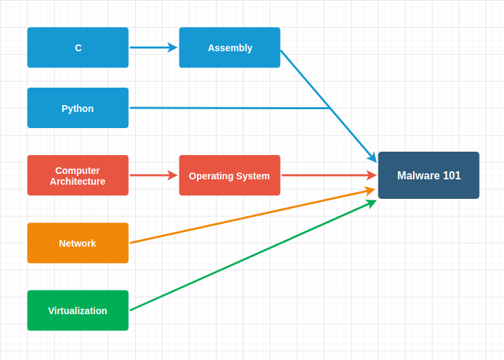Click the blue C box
tap(78, 48)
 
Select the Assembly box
tap(229, 48)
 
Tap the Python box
tap(78, 108)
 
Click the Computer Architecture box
tap(78, 175)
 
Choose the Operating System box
tap(229, 175)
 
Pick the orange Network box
tap(78, 243)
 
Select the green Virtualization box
tap(78, 310)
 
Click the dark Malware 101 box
tap(428, 175)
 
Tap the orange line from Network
tap(250, 216)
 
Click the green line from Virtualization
tap(250, 257)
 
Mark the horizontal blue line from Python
tap(229, 108)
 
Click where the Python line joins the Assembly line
tap(330, 108)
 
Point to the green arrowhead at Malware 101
tap(371, 203)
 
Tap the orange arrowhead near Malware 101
tap(370, 191)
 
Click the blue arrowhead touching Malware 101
tap(372, 157)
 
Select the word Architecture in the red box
tap(78, 181)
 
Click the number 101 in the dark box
tap(451, 175)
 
